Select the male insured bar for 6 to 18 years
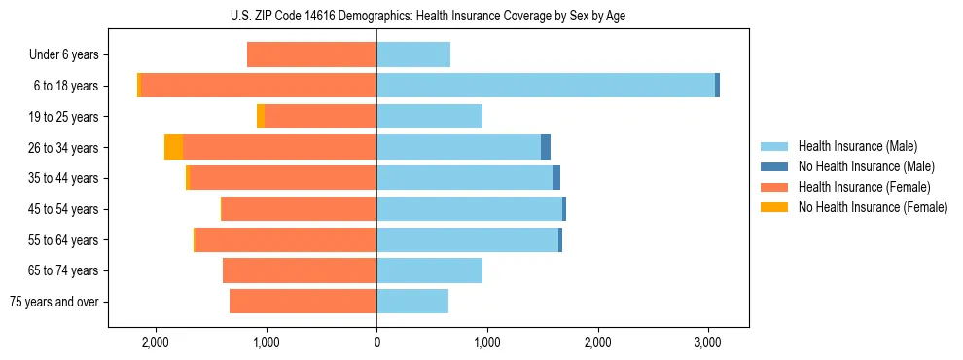point(545,86)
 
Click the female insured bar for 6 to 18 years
point(259,86)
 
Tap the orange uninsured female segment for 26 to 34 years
point(173,147)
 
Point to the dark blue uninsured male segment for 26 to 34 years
point(546,147)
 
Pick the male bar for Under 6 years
point(413,54)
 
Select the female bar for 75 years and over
point(303,302)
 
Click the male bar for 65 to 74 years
point(429,270)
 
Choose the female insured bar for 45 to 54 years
point(300,209)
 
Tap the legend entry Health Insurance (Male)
point(857,146)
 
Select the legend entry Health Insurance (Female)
point(864,187)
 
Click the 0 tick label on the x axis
point(376,342)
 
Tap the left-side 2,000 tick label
point(156,342)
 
